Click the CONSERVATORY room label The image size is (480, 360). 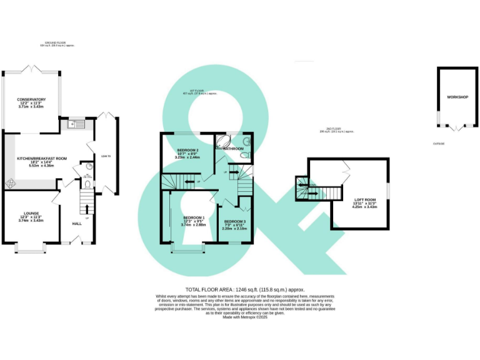click(31, 99)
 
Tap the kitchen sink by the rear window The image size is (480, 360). click(74, 124)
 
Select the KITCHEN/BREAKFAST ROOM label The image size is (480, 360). click(42, 159)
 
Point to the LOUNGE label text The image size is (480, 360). click(31, 213)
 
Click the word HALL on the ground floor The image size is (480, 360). click(77, 223)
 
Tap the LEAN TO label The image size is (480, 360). click(106, 156)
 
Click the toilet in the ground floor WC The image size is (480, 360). click(86, 186)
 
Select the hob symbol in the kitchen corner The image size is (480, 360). click(11, 183)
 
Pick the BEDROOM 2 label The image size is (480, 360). click(187, 151)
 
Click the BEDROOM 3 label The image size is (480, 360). click(235, 222)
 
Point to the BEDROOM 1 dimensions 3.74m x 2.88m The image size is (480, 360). click(194, 224)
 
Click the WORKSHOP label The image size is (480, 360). click(457, 97)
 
